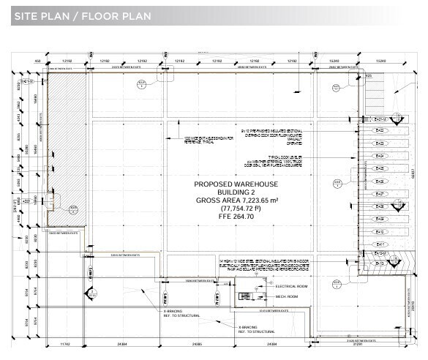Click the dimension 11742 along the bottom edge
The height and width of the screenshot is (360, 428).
tap(64, 343)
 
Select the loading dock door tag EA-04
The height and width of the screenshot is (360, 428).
tap(379, 156)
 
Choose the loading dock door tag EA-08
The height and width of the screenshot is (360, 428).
tap(379, 206)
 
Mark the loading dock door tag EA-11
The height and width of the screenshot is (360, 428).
tap(379, 244)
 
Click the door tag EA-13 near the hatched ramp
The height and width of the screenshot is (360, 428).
tap(378, 263)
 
